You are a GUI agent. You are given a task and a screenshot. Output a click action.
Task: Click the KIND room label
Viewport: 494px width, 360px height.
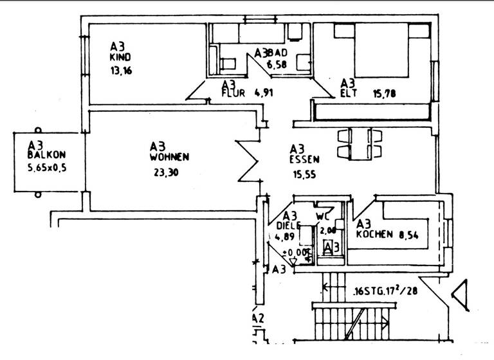tap(120, 57)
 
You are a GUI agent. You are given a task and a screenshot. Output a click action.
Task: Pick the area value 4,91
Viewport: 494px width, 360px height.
tap(264, 93)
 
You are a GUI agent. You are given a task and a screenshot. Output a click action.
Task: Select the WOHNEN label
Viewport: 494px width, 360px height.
tap(169, 157)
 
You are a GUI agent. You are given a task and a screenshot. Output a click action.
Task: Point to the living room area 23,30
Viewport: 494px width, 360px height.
tap(166, 172)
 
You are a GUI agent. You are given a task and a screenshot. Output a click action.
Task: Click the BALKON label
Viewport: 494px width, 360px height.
tap(46, 155)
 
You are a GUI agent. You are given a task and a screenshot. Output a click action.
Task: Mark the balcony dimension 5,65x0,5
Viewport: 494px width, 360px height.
tap(46, 168)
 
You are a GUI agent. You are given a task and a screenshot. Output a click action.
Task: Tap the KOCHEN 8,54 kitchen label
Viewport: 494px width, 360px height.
tap(381, 235)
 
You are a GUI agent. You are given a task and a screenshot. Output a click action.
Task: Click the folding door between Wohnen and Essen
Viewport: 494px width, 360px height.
tap(248, 160)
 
